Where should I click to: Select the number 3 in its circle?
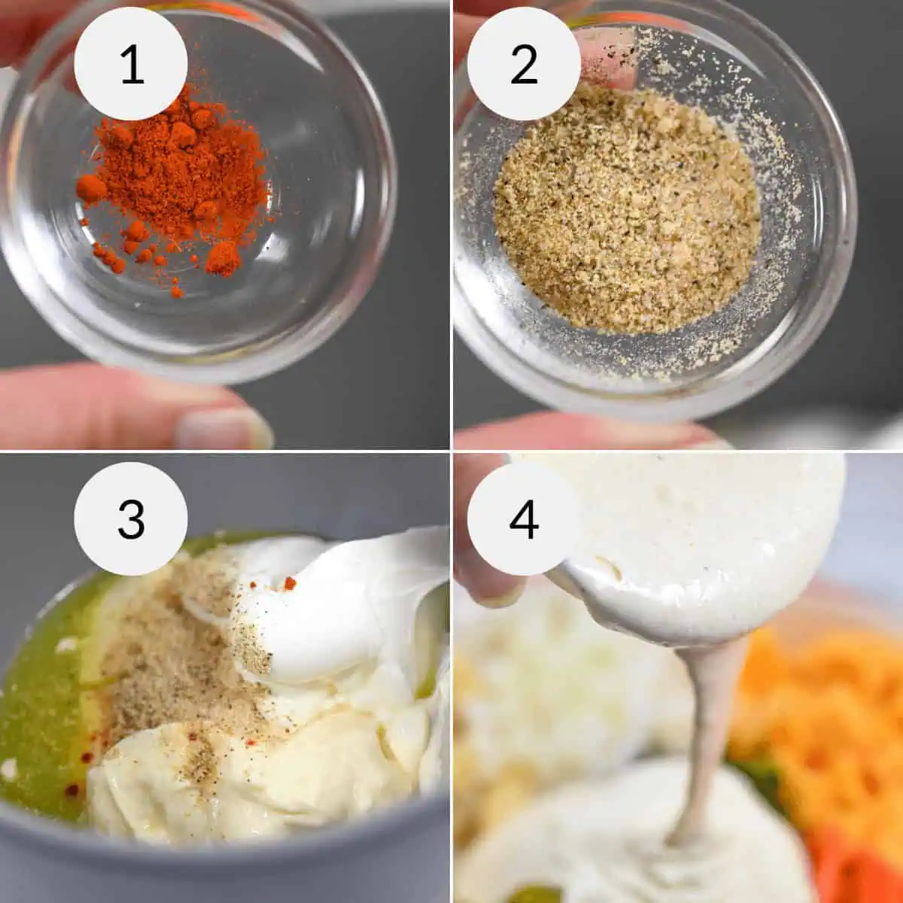131,519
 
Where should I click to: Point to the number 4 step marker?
524,519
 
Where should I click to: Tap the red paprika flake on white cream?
290,583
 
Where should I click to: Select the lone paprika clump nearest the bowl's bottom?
177,293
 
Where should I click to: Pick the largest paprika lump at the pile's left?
90,187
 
